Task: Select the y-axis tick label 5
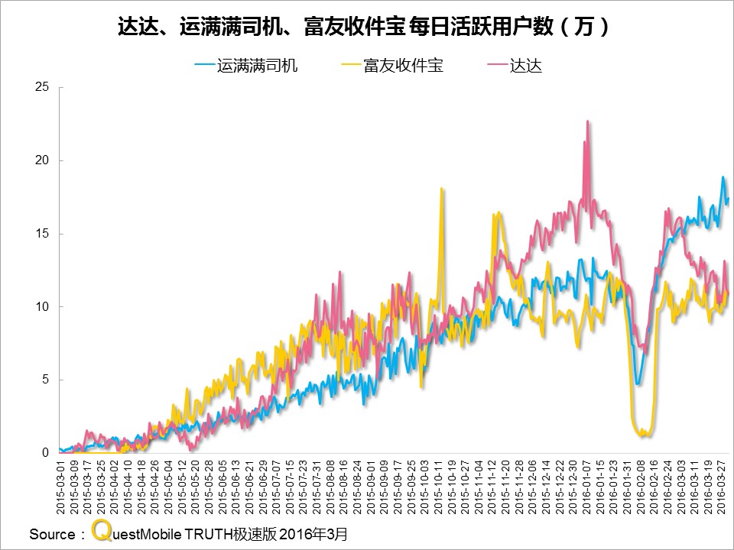click(x=45, y=380)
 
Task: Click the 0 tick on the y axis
click(x=45, y=453)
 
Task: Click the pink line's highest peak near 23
click(x=587, y=121)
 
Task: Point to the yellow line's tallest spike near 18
click(x=442, y=189)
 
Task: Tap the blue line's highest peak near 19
click(x=723, y=177)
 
